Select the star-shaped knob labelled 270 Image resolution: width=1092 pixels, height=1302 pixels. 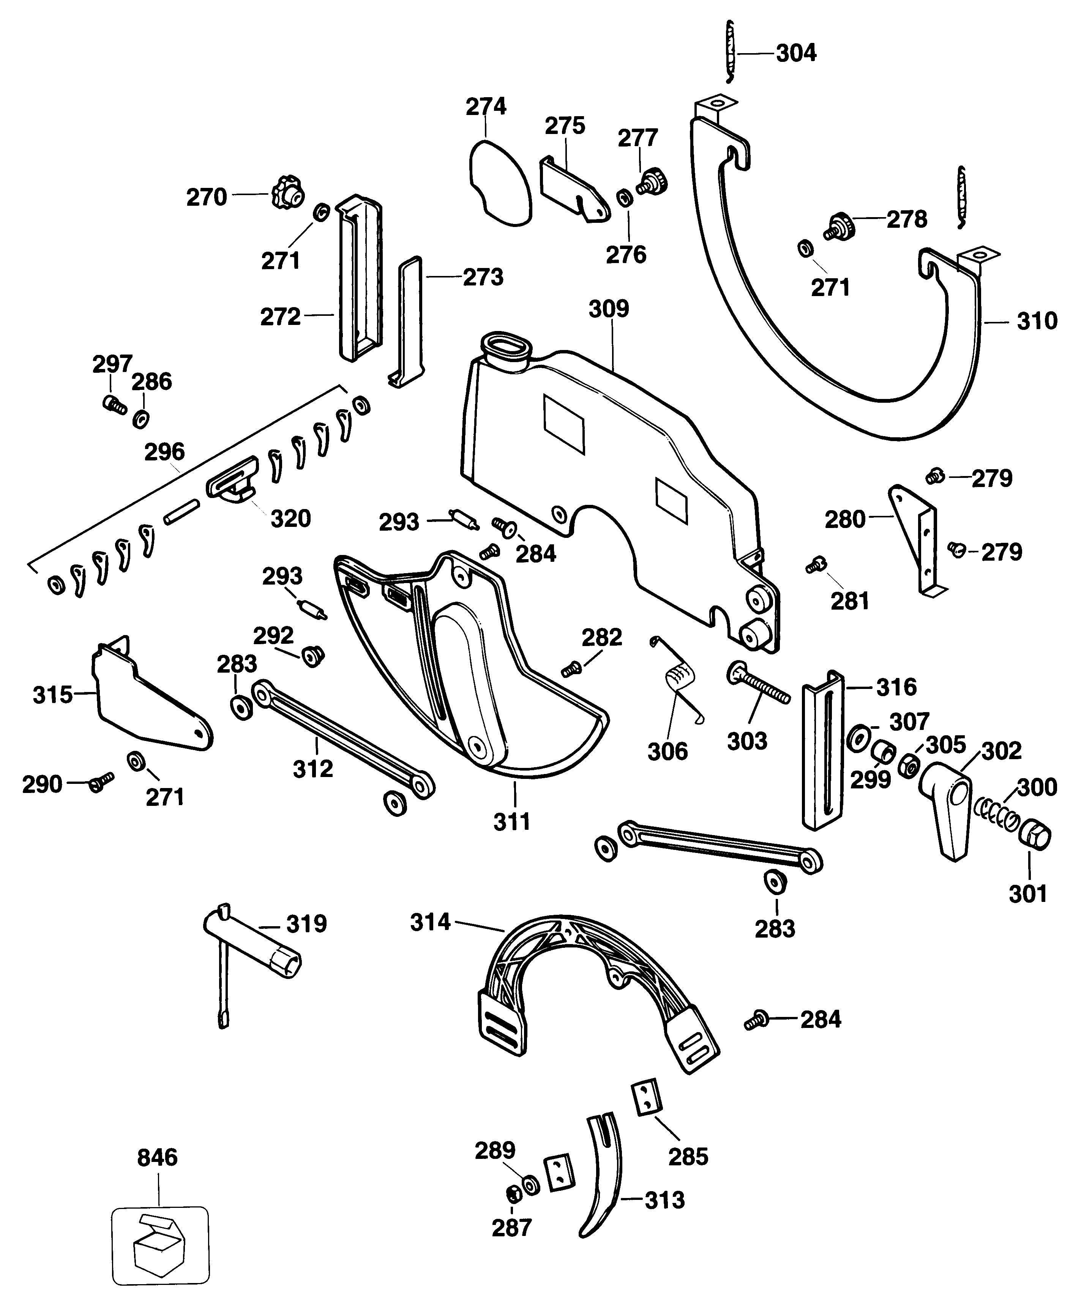pyautogui.click(x=287, y=195)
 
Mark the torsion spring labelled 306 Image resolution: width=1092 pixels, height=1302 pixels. pyautogui.click(x=678, y=680)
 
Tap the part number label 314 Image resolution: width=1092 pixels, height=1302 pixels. pyautogui.click(x=430, y=922)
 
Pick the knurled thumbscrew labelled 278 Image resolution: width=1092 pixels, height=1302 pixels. pyautogui.click(x=840, y=227)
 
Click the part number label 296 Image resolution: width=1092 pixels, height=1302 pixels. pyautogui.click(x=164, y=452)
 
